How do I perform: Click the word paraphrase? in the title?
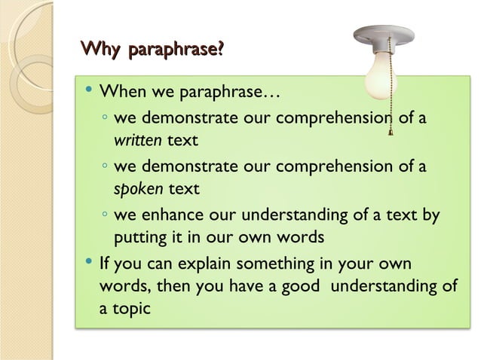pos(177,51)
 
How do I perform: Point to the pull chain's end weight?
pos(390,135)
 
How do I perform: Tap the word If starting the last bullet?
pos(106,264)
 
